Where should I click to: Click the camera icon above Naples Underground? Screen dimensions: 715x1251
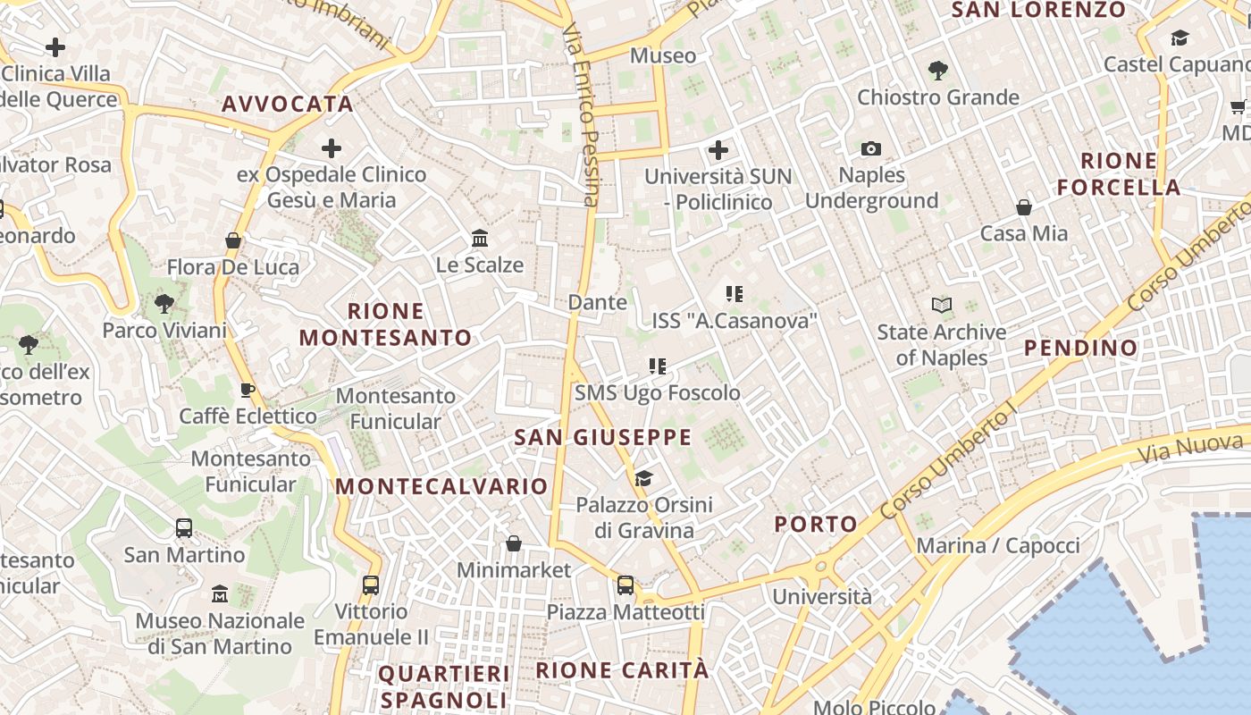(871, 148)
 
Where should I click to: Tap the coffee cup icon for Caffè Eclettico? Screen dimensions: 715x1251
(248, 390)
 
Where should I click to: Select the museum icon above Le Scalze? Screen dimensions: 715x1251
(480, 238)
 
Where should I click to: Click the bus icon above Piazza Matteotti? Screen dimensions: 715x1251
(625, 585)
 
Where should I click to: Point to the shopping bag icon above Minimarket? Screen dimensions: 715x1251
(514, 543)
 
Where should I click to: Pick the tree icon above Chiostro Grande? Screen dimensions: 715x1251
(937, 70)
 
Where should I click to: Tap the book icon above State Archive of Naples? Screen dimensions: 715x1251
(941, 305)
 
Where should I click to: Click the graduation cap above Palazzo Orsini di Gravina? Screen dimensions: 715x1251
(643, 478)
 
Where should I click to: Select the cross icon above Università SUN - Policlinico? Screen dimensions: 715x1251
(718, 149)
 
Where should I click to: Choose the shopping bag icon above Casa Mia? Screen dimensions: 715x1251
(1024, 207)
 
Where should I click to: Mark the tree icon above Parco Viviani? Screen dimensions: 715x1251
(164, 304)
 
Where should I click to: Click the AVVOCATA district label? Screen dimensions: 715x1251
(288, 105)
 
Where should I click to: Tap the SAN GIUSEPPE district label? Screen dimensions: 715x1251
(603, 437)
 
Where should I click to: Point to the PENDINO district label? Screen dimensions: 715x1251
(1080, 348)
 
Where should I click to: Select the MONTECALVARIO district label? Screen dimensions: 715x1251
(441, 486)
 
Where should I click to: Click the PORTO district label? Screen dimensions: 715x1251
(816, 524)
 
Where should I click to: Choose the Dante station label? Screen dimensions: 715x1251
(598, 302)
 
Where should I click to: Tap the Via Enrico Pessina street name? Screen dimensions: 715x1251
(581, 116)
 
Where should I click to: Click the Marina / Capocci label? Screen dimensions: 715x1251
(998, 545)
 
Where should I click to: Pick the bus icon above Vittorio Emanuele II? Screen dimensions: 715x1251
(371, 585)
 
